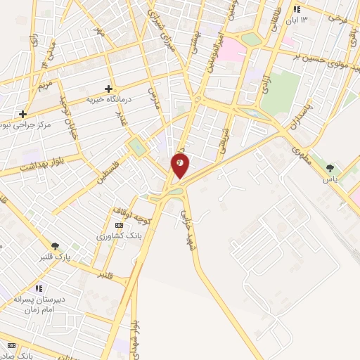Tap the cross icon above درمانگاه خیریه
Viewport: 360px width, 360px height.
(108, 89)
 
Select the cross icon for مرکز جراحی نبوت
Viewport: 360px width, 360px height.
(23, 113)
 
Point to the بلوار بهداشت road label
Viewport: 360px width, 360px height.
(25, 167)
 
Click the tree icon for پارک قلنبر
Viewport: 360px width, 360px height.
(55, 245)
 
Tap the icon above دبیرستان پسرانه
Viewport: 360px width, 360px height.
(38, 288)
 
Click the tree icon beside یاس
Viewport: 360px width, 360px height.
(329, 168)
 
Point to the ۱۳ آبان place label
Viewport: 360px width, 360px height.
(306, 19)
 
